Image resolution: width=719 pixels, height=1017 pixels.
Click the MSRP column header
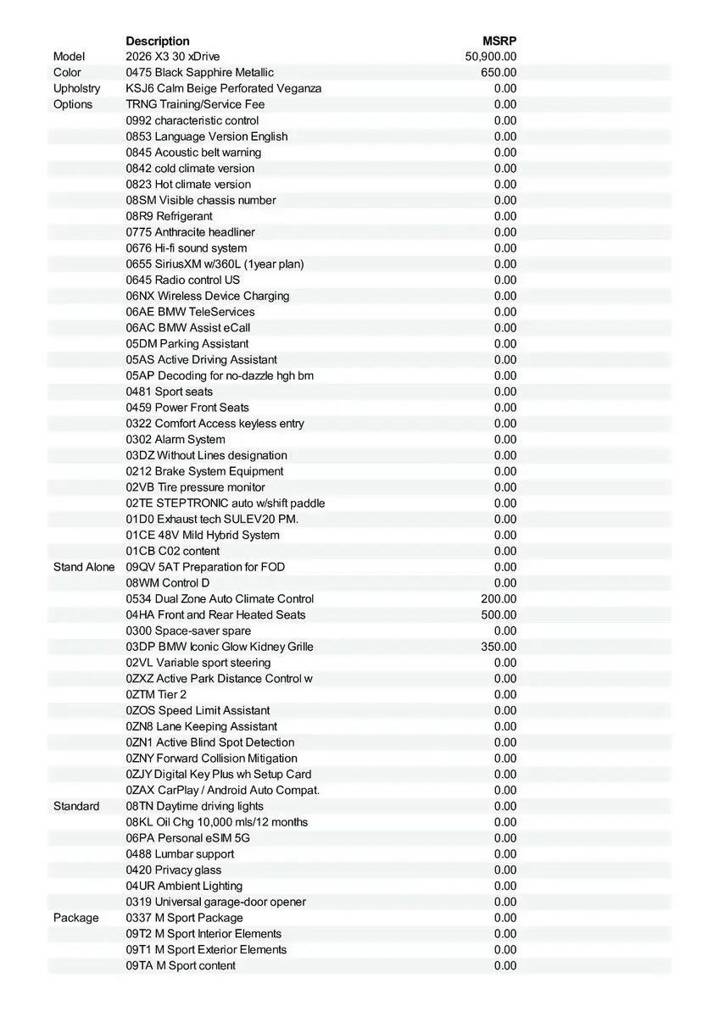coord(499,41)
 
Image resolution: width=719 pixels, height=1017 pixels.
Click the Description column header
coord(158,41)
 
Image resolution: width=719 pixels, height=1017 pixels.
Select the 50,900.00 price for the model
coord(491,57)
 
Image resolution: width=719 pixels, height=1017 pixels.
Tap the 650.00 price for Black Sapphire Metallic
coord(499,73)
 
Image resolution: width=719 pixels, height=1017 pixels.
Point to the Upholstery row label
coord(76,88)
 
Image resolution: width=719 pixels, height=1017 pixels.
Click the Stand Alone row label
coord(84,567)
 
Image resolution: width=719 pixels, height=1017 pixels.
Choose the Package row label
coord(76,918)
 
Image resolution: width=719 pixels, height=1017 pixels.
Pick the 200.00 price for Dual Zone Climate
coord(499,599)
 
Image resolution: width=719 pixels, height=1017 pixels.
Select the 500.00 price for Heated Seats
coord(499,615)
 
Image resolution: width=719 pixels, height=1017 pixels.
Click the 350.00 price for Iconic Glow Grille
coord(499,647)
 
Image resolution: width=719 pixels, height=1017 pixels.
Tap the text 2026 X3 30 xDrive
coord(173,57)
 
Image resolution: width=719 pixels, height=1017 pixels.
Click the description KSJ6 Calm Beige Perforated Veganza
coord(224,88)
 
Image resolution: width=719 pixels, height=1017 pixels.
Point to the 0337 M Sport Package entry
coord(185,918)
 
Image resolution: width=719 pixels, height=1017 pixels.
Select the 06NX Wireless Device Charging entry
coord(208,296)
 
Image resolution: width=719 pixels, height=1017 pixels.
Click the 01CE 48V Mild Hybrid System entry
coord(203,535)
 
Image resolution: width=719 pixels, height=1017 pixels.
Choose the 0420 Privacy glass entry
coord(174,870)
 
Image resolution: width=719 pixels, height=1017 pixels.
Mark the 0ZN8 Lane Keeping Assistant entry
coord(202,726)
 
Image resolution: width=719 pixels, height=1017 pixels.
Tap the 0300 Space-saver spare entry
coord(188,631)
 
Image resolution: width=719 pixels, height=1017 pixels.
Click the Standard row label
coord(76,806)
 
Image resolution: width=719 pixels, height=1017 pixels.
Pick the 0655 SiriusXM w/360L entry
coord(215,264)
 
